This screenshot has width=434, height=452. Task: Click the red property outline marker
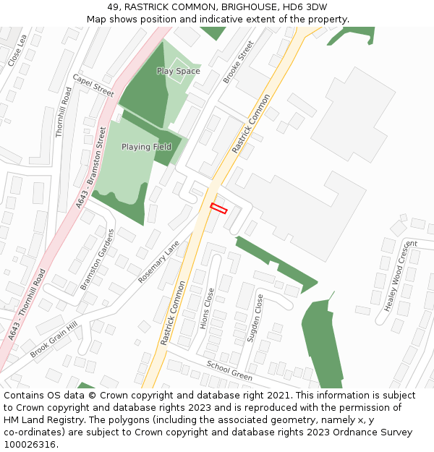click(218, 209)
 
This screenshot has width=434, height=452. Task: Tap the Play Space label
click(179, 72)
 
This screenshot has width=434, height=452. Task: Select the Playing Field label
click(146, 147)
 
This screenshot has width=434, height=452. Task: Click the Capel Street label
click(93, 85)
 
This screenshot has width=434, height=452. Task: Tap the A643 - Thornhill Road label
click(27, 305)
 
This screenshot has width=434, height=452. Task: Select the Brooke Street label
click(239, 62)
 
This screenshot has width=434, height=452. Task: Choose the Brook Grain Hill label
click(54, 340)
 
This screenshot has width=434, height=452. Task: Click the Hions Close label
click(207, 309)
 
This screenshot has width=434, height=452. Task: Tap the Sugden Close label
click(255, 318)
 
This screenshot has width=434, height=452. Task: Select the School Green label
click(229, 371)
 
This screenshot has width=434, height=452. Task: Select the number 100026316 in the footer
click(29, 445)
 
